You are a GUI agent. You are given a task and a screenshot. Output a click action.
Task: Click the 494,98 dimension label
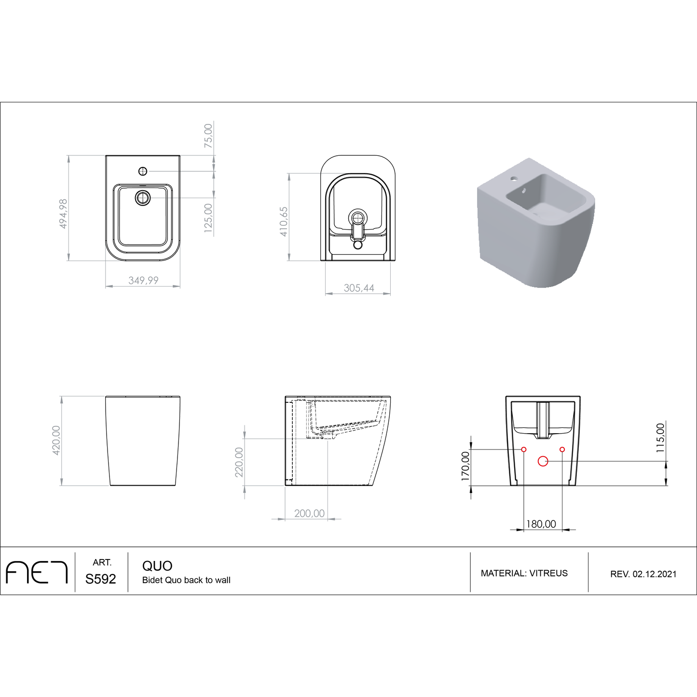pyautogui.click(x=63, y=213)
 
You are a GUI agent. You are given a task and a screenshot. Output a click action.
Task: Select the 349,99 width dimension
pyautogui.click(x=143, y=280)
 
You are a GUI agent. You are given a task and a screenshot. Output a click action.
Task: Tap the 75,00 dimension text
pyautogui.click(x=208, y=136)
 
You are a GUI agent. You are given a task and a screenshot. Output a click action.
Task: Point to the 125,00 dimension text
pyautogui.click(x=208, y=218)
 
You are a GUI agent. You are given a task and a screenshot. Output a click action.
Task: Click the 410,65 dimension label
pyautogui.click(x=284, y=221)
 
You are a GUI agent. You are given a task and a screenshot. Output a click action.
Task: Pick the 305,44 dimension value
pyautogui.click(x=359, y=288)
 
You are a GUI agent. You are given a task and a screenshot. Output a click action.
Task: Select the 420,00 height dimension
pyautogui.click(x=56, y=440)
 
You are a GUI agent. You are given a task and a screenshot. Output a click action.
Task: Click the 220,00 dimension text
pyautogui.click(x=239, y=462)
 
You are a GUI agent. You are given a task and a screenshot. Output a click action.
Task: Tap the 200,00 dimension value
pyautogui.click(x=309, y=513)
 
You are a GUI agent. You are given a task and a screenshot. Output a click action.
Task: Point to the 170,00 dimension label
pyautogui.click(x=465, y=466)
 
